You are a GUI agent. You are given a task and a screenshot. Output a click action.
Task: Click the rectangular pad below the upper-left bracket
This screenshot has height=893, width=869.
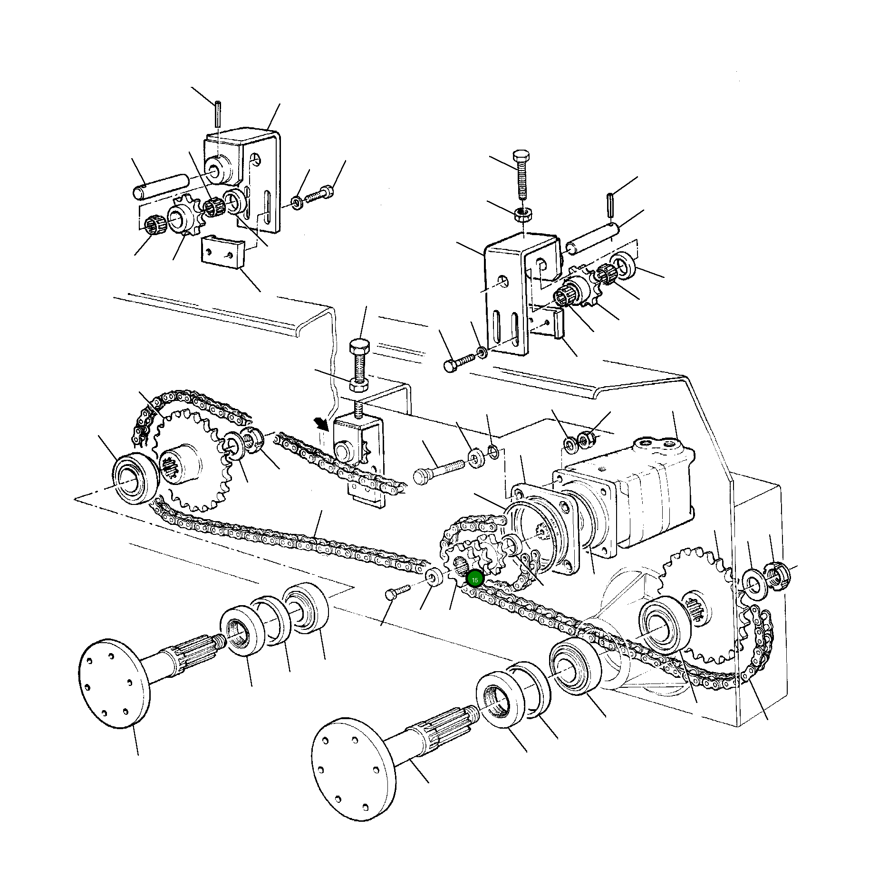click(222, 253)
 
